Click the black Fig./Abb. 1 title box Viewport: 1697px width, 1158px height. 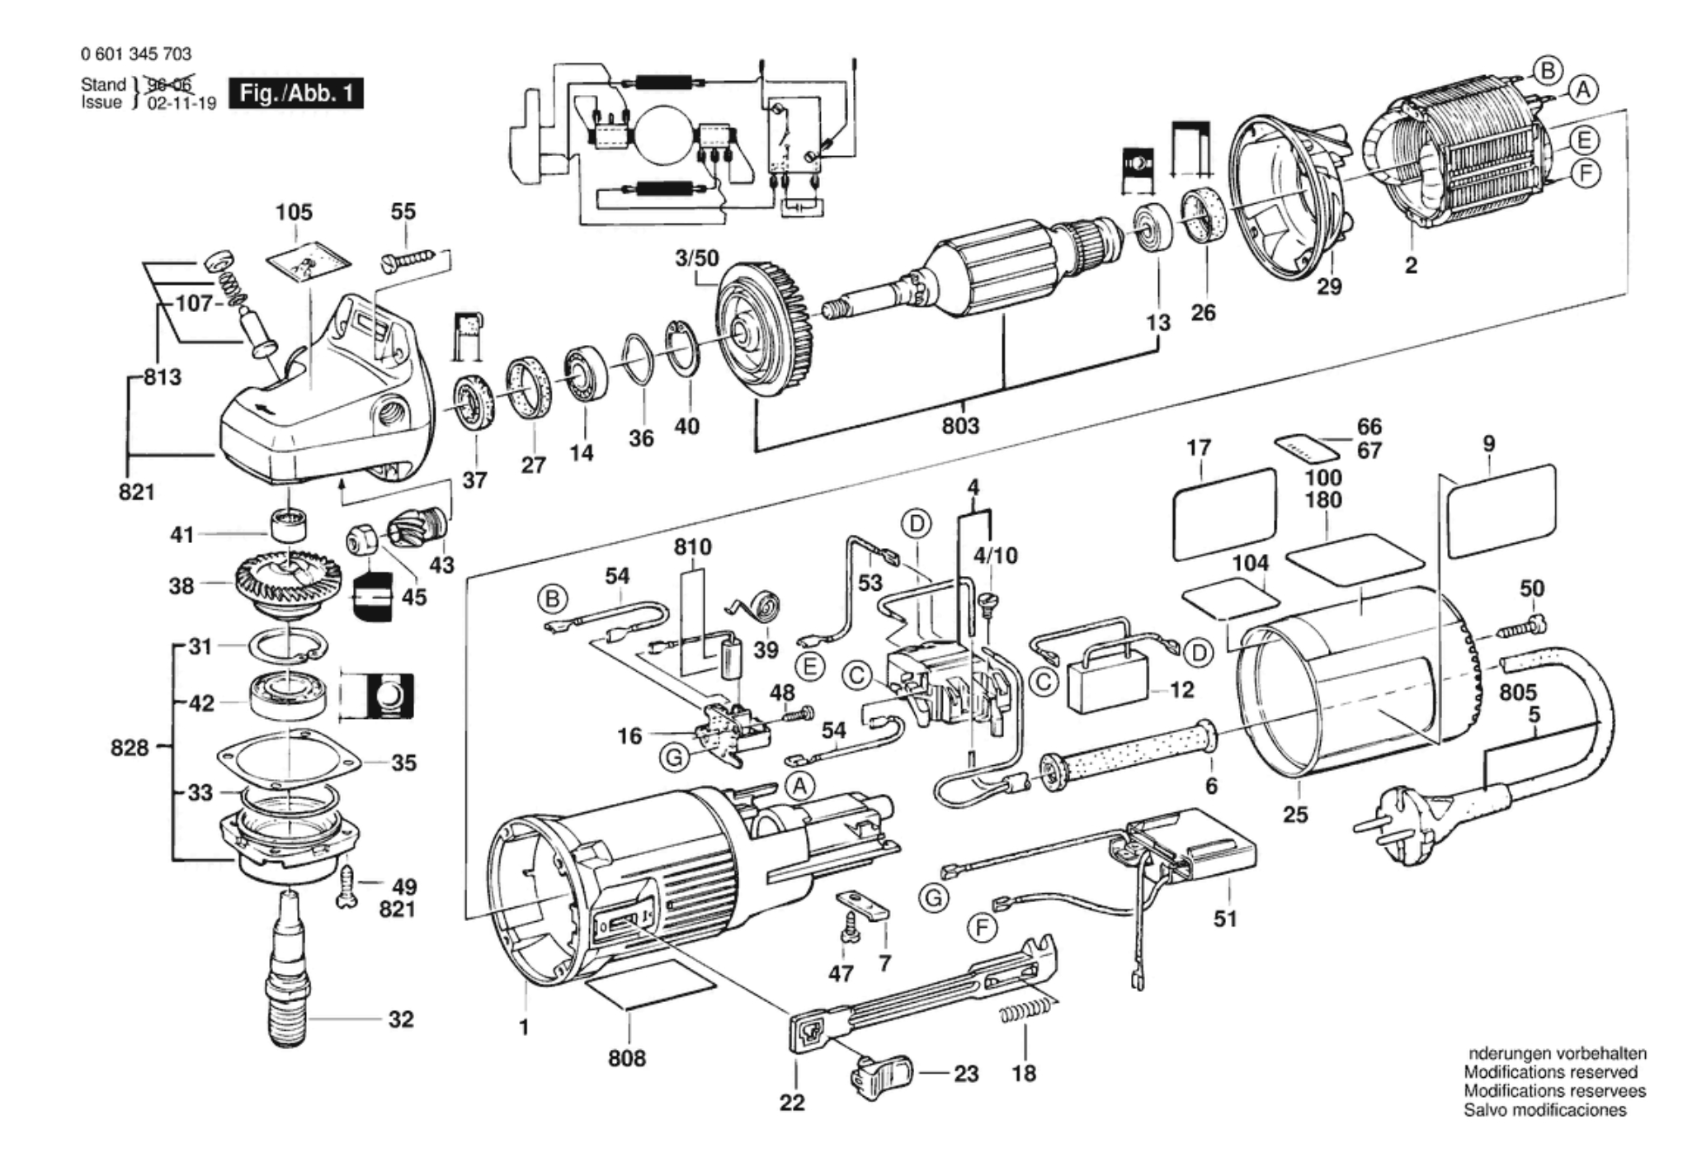(295, 92)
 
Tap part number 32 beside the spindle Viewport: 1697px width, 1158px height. (401, 1019)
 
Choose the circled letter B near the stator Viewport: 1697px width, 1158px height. (1548, 71)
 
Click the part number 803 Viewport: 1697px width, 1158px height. (960, 426)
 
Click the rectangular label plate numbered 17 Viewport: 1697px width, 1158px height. (1223, 512)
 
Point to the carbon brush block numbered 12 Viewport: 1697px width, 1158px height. (1105, 688)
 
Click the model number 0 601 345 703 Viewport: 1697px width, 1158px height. (137, 54)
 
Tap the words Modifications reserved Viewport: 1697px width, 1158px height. (1550, 1072)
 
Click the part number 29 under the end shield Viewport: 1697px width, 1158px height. (1329, 286)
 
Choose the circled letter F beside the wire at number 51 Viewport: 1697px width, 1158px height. (981, 929)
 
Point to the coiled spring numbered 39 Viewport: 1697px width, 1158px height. (759, 609)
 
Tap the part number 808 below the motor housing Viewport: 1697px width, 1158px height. (627, 1057)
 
